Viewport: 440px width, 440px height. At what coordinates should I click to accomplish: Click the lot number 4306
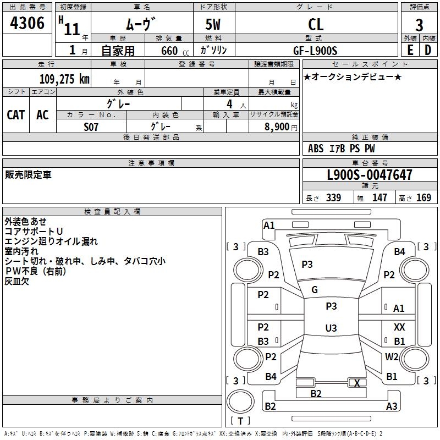27,24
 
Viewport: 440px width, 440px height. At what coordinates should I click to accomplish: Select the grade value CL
316,25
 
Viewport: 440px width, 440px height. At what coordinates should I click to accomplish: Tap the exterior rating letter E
410,49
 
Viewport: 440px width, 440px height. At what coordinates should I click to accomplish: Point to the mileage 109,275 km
64,79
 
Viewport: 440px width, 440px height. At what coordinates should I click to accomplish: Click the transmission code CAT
16,114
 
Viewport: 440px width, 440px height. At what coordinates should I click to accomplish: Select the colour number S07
91,127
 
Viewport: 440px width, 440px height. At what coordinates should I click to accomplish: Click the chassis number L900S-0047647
369,175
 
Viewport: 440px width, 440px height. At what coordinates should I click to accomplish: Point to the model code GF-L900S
316,50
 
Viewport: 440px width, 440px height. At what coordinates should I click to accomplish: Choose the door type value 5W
214,25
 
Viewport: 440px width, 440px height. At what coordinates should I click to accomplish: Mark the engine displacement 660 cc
168,51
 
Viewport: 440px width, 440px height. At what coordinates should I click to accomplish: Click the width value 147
380,198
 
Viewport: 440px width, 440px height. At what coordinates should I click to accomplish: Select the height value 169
424,198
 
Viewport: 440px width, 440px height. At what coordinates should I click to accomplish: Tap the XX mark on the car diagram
399,327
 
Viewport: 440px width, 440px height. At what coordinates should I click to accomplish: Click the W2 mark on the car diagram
392,356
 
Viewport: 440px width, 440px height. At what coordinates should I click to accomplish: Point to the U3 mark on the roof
331,328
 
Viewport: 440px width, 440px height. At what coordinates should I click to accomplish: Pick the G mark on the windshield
315,289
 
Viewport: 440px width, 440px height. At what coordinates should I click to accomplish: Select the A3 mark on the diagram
392,406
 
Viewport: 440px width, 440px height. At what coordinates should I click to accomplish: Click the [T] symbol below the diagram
240,421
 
